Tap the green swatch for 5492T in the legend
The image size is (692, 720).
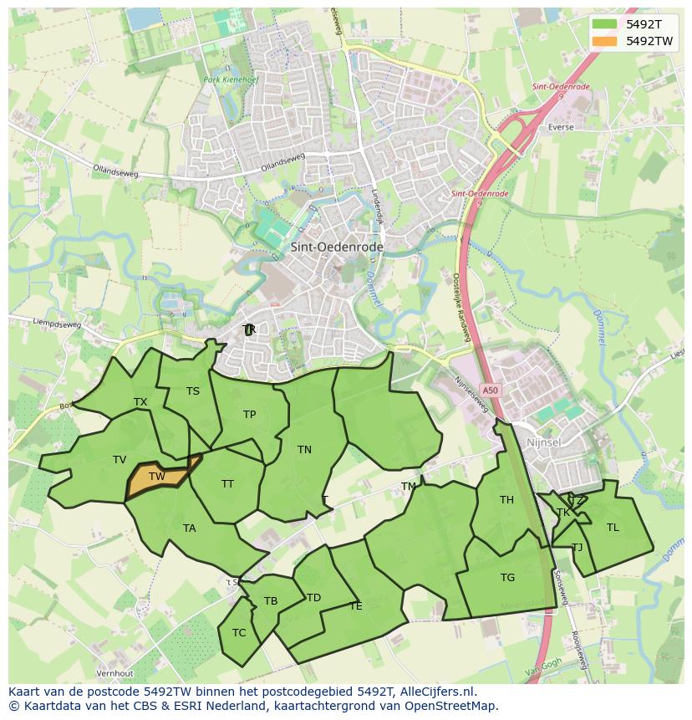click(604, 24)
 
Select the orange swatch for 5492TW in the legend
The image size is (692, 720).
click(604, 41)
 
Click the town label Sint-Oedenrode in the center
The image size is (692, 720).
click(337, 248)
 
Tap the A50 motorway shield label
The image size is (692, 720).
click(490, 391)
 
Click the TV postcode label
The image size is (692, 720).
click(120, 460)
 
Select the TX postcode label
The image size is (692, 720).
click(140, 402)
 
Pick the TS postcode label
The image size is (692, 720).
click(193, 391)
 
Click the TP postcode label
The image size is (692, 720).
click(249, 415)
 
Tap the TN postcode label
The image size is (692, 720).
click(304, 450)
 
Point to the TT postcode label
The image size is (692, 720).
click(227, 484)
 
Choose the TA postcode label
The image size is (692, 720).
click(190, 529)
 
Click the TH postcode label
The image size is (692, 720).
click(506, 501)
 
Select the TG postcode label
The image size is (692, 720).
click(507, 578)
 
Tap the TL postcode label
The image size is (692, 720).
click(613, 528)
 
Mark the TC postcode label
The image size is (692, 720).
click(239, 633)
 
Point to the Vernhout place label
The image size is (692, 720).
click(114, 673)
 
